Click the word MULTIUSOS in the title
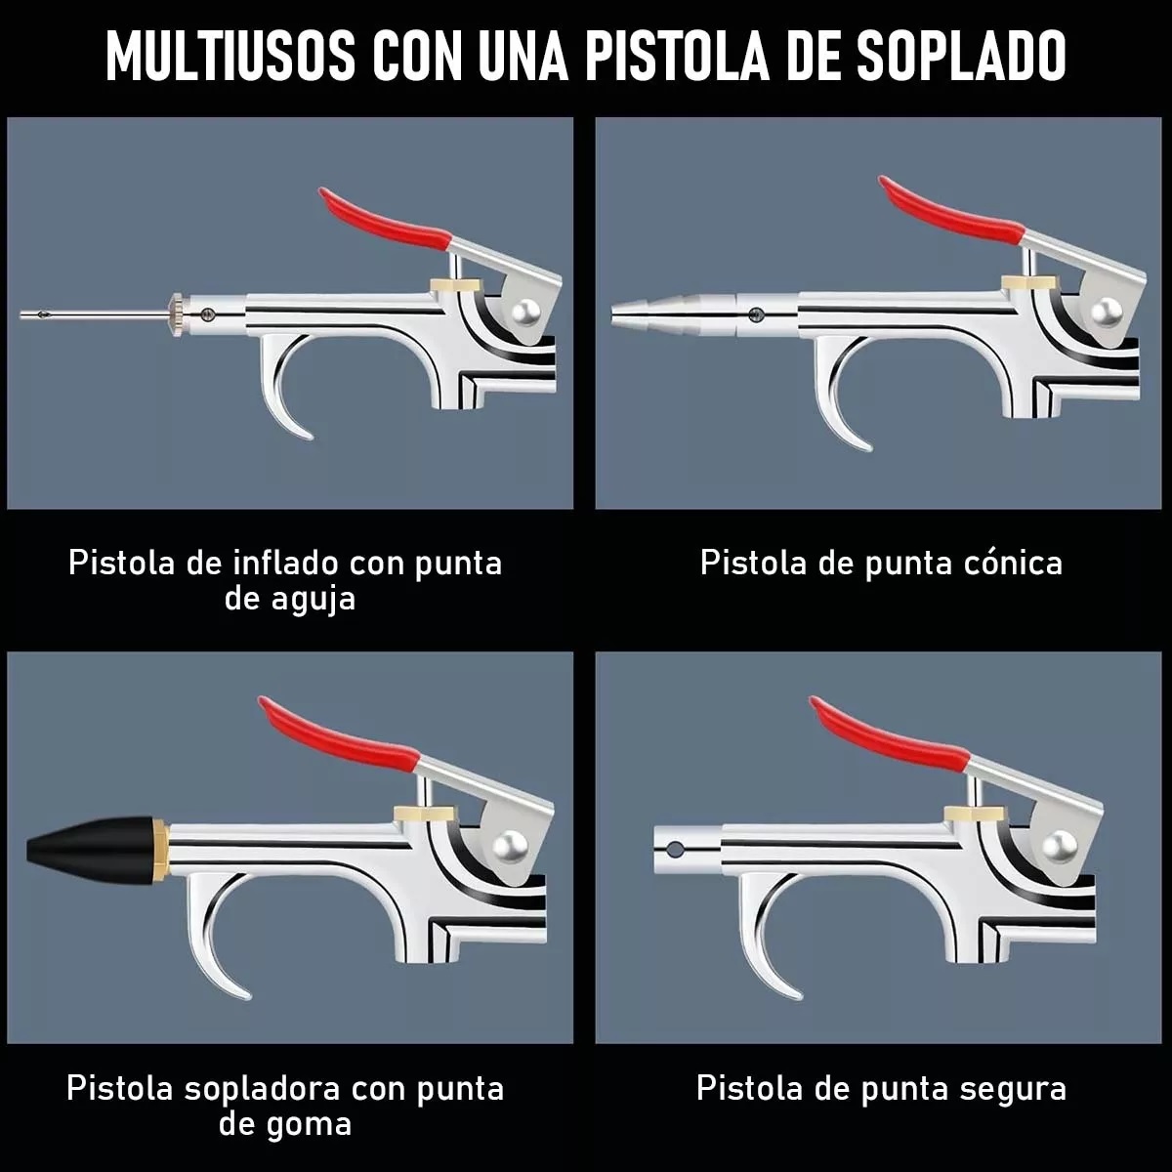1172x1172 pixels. [230, 57]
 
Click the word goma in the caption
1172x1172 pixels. [313, 1123]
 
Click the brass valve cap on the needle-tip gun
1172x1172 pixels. [454, 285]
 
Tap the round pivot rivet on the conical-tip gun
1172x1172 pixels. [1106, 312]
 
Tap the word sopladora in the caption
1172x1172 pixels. [258, 1088]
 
